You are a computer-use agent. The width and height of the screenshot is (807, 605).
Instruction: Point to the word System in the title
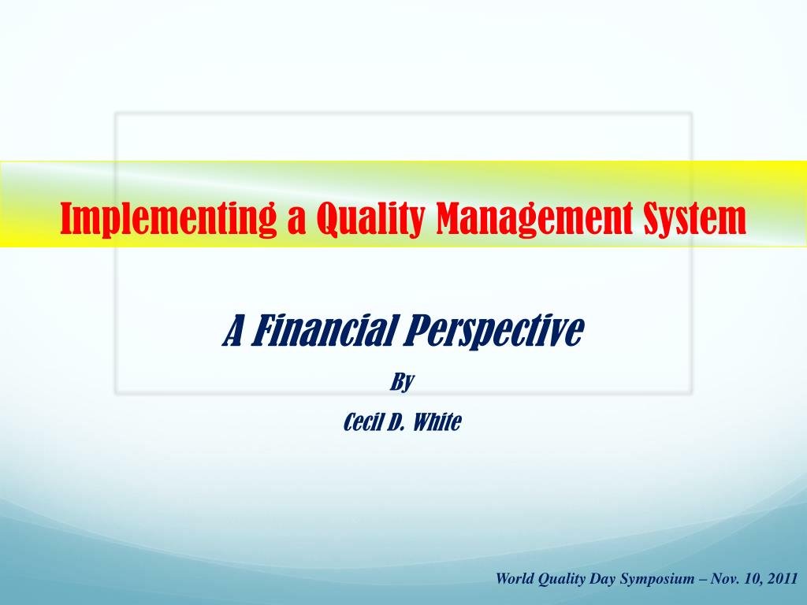click(694, 218)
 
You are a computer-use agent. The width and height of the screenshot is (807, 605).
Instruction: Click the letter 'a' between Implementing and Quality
click(296, 220)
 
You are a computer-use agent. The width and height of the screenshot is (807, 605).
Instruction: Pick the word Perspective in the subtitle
click(494, 331)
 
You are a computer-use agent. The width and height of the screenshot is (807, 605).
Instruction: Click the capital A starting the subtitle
click(232, 331)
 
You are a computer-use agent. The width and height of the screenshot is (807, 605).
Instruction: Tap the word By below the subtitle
click(403, 383)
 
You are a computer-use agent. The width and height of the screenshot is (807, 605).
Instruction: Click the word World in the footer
click(515, 579)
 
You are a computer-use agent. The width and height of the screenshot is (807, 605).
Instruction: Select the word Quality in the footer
click(562, 579)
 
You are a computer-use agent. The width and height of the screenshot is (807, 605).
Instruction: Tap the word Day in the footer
click(602, 579)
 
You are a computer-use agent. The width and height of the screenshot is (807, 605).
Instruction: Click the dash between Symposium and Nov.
click(702, 579)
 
